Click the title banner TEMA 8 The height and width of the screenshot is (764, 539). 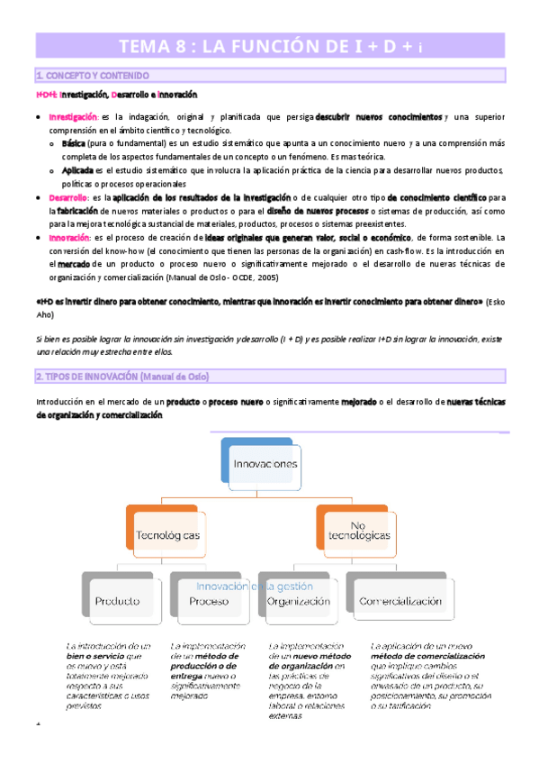pyautogui.click(x=269, y=48)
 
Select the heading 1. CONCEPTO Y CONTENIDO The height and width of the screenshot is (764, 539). pyautogui.click(x=92, y=76)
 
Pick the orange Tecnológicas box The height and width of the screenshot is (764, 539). pyautogui.click(x=166, y=535)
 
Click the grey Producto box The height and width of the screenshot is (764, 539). pyautogui.click(x=118, y=600)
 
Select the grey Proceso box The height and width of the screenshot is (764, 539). pyautogui.click(x=209, y=601)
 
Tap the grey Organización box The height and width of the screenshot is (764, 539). pyautogui.click(x=300, y=601)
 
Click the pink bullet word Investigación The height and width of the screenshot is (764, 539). pyautogui.click(x=74, y=117)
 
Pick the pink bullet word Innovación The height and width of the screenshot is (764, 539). pyautogui.click(x=69, y=237)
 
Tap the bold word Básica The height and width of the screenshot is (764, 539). pyautogui.click(x=74, y=144)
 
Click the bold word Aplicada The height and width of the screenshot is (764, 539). pyautogui.click(x=77, y=170)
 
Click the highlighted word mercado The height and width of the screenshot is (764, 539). pyautogui.click(x=74, y=264)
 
